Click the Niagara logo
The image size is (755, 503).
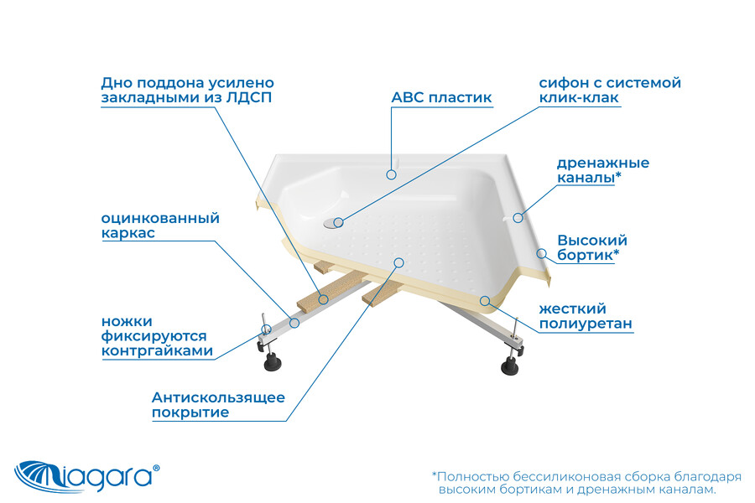86,476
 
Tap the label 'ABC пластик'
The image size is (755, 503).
441,98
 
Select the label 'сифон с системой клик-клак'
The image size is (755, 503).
610,90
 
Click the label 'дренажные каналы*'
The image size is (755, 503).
603,170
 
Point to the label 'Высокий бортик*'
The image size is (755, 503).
591,247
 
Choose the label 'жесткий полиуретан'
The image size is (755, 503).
585,316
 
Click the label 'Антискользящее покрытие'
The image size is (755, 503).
218,405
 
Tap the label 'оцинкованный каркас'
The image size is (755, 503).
160,226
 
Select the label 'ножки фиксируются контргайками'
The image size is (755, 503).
157,336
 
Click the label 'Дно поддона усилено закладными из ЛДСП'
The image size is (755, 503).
187,90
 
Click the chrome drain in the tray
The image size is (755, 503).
332,222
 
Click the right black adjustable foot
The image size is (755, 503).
509,366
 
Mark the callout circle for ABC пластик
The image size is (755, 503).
391,174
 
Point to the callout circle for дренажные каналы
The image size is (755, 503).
518,218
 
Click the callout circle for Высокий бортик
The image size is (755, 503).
542,253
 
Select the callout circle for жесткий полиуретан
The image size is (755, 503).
485,301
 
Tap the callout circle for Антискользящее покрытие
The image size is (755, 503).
398,262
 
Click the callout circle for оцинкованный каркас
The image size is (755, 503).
294,323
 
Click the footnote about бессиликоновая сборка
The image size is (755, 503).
586,483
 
